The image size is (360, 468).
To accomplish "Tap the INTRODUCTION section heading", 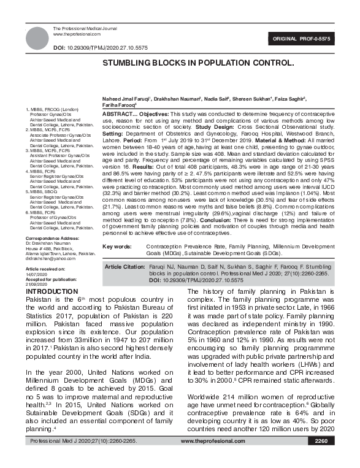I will tap(50, 291).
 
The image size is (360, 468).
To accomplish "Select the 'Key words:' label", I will tap(117, 246).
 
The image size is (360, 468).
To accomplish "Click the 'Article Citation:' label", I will tap(126, 267).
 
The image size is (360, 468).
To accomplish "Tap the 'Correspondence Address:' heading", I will tap(52, 238).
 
